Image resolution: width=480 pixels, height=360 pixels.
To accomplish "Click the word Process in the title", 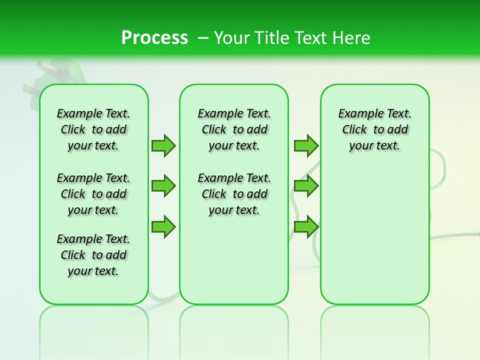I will [154, 38].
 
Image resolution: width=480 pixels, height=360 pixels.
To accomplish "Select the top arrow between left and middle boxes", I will [163, 145].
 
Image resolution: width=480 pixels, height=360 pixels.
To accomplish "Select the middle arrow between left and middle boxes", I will [163, 186].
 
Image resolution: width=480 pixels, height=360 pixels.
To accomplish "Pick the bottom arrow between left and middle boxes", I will [163, 226].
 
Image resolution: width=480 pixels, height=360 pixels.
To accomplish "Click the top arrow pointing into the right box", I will [305, 145].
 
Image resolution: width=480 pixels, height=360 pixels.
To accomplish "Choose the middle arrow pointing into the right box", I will [305, 186].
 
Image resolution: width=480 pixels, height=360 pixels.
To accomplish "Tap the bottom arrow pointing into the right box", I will [305, 226].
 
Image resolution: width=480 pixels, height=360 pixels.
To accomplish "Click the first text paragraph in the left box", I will [93, 129].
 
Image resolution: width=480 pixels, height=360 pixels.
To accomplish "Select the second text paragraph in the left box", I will [93, 194].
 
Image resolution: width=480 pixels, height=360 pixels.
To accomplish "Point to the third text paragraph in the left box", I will [93, 255].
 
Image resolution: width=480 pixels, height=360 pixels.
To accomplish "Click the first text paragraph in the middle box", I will [234, 129].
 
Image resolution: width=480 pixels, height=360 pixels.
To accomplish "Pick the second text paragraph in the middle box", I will [234, 194].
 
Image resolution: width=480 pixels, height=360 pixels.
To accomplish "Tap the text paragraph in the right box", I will [374, 129].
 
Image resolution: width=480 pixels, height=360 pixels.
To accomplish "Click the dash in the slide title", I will [203, 38].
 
